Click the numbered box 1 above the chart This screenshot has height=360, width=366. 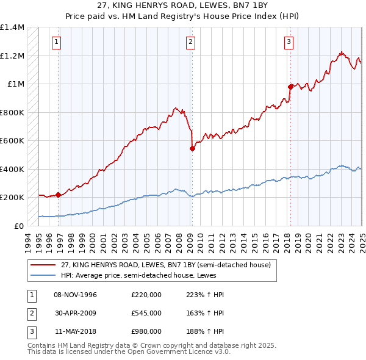56,42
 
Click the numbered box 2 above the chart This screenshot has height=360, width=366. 191,42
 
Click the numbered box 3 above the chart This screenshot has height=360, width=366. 288,42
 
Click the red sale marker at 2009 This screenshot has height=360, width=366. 192,148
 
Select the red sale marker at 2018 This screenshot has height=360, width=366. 290,87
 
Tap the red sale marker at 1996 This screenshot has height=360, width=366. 59,195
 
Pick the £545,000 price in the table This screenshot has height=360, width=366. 146,313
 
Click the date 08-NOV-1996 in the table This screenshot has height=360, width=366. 76,295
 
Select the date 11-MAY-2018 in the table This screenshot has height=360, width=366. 76,331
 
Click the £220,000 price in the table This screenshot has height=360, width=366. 146,295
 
